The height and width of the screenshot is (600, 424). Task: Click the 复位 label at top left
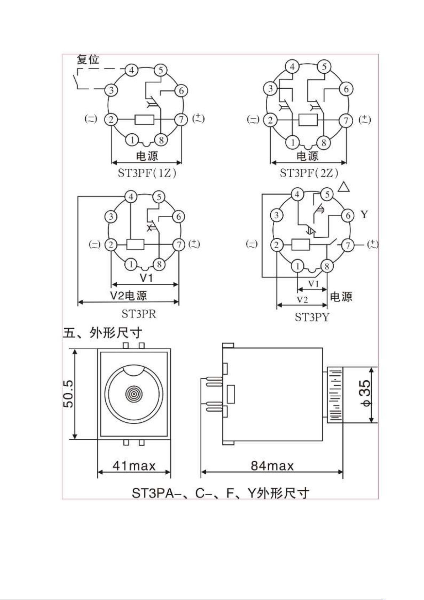[88, 59]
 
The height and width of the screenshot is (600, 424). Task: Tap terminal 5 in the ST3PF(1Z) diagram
[160, 70]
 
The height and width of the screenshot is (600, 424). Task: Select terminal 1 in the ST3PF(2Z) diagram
[293, 142]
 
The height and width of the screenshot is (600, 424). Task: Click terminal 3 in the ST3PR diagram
[111, 216]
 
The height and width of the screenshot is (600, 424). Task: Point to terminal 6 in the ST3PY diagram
[348, 215]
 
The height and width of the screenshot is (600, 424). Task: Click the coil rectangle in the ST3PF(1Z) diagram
[144, 119]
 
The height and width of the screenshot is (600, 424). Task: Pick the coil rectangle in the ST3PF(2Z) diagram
[308, 120]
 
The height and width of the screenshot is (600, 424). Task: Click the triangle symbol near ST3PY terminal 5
[344, 187]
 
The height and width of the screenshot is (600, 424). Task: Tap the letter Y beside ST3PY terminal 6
[364, 214]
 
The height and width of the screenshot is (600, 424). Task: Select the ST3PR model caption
[139, 314]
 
